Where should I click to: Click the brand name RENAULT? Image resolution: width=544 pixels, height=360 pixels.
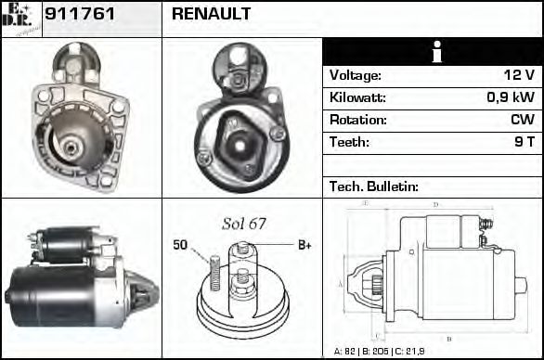point(211,15)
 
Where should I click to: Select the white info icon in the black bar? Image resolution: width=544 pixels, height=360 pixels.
point(433,52)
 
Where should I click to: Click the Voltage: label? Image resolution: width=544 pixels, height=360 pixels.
point(355,75)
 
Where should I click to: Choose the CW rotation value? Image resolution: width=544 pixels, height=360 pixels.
point(522,120)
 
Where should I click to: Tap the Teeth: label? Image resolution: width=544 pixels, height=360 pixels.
point(349,142)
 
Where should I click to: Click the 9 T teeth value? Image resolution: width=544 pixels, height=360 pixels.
point(525,142)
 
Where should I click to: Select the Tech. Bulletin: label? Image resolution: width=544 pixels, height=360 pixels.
point(374,186)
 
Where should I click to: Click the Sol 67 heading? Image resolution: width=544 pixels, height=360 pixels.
point(244,224)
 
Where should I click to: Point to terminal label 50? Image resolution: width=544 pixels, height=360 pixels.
point(180,245)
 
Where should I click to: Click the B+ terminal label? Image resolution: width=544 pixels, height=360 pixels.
point(304,245)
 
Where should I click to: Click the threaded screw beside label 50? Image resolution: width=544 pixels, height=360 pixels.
point(212,272)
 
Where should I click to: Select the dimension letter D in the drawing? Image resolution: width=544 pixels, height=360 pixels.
point(435,204)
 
